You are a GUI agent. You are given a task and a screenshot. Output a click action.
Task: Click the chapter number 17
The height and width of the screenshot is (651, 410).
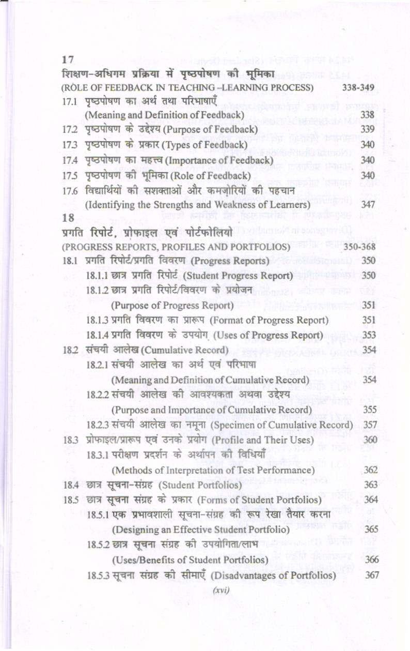pos(67,60)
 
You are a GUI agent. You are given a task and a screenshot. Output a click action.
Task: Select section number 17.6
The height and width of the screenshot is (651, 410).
pos(69,192)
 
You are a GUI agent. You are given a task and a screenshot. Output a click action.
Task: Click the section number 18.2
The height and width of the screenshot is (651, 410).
pos(69,350)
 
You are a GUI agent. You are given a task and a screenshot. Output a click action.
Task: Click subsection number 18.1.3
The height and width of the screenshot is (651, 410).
pos(97,320)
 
